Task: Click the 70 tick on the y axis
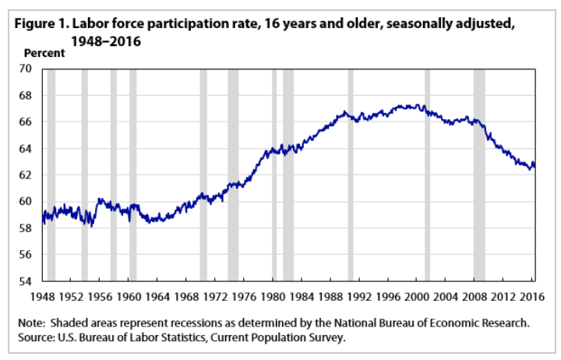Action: point(29,69)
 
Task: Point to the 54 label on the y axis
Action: point(29,281)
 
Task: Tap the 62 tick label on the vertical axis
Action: point(29,175)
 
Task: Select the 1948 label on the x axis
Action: point(42,297)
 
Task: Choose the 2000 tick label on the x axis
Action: point(418,297)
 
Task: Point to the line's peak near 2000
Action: point(418,105)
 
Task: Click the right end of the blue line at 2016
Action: point(535,164)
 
